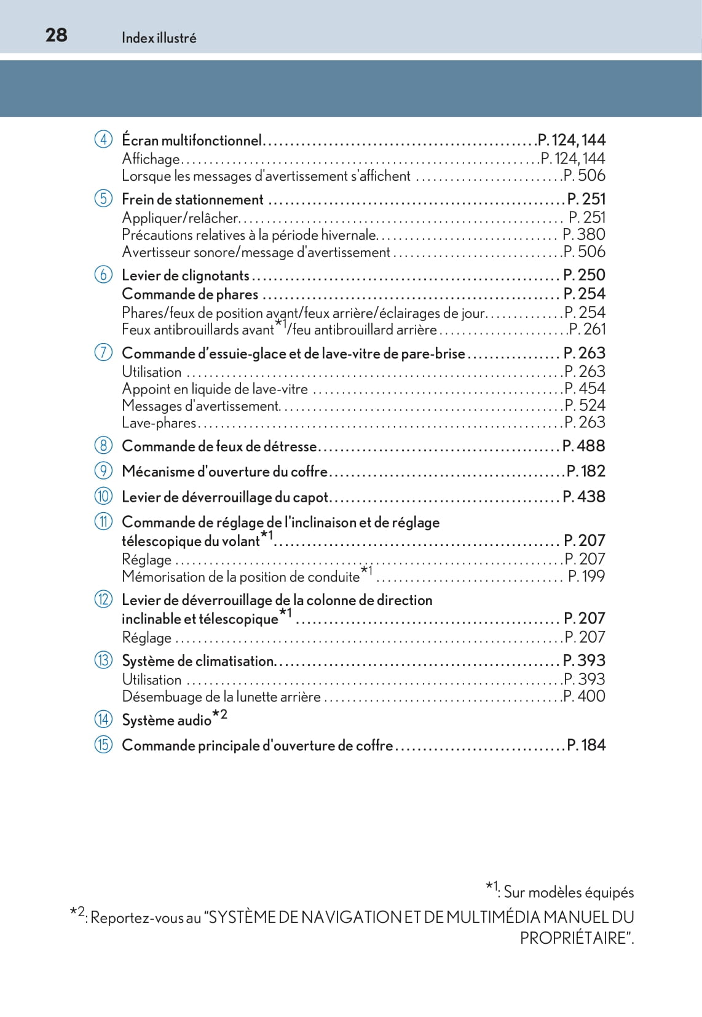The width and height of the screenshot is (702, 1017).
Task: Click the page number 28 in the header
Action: [56, 35]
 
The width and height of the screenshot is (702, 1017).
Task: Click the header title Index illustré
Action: [159, 38]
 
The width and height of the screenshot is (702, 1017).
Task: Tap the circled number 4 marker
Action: [103, 140]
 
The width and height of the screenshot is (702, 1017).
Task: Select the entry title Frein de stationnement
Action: [192, 199]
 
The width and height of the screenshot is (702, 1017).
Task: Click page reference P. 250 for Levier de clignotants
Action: [584, 275]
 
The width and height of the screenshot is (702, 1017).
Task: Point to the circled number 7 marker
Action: [103, 353]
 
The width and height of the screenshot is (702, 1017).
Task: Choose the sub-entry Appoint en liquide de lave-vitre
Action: [215, 389]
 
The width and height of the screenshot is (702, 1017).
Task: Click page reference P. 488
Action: [583, 446]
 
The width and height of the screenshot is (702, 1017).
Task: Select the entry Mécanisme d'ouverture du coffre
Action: [224, 472]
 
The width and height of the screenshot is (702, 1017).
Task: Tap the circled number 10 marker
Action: [103, 496]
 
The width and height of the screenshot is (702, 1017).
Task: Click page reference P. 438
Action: [583, 496]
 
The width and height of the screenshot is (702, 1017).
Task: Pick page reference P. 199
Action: [586, 576]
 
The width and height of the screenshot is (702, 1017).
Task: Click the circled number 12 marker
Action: [103, 600]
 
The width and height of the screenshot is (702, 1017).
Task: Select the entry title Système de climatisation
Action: [198, 661]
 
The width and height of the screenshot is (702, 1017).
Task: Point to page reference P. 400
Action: [584, 696]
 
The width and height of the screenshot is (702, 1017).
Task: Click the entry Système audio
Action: [167, 720]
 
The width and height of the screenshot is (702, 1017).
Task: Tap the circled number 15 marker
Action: [103, 745]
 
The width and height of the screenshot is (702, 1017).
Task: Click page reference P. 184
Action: [586, 745]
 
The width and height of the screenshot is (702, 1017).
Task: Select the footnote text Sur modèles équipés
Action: [569, 892]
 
